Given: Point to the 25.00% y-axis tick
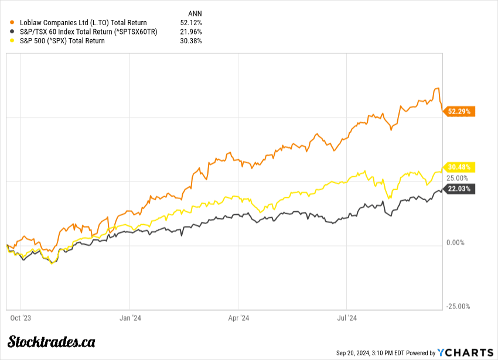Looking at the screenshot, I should pos(458,178).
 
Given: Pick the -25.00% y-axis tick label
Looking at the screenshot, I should pos(458,306).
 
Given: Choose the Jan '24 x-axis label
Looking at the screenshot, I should pos(129,318).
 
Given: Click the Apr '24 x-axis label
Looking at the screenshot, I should pos(238,318).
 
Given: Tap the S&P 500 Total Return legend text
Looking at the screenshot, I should pos(62,41).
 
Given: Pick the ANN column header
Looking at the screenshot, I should pos(195,11).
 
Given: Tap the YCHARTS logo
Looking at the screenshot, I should pos(466,352).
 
